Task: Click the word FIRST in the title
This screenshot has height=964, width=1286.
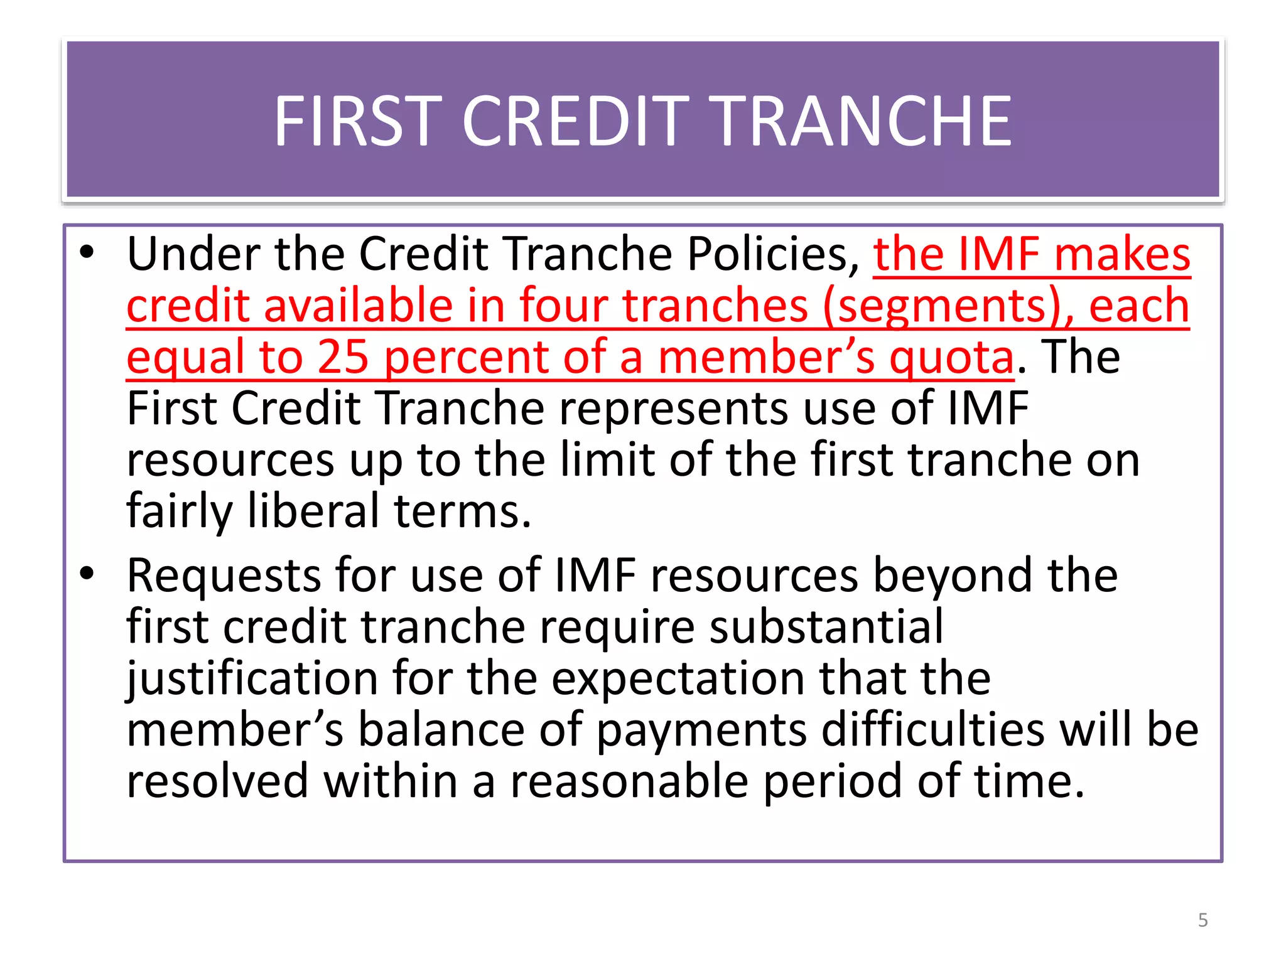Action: coord(354,121)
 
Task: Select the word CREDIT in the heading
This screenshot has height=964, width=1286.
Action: coord(576,121)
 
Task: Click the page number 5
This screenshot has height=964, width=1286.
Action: coord(1202,920)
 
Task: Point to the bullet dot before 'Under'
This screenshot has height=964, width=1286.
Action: coord(87,252)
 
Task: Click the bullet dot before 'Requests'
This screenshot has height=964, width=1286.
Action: coord(87,573)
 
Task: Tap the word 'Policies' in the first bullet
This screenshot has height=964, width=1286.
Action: coord(773,254)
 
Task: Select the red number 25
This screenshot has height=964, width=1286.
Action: coord(343,357)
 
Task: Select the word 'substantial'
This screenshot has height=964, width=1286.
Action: coord(826,627)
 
